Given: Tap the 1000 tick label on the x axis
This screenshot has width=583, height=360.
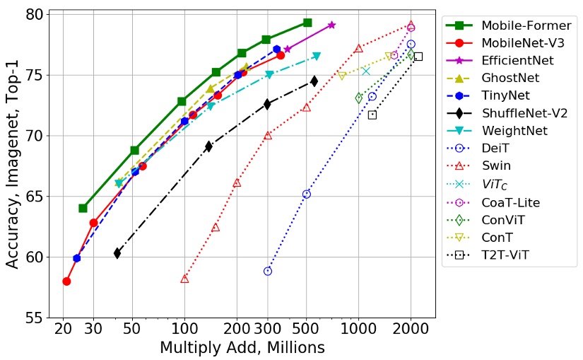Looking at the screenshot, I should coord(358,330).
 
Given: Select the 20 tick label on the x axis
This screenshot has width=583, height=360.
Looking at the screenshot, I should coord(63,330).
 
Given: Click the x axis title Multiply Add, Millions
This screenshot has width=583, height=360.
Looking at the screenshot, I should coord(242,347).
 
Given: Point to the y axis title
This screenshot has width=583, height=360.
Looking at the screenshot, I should coord(13,166).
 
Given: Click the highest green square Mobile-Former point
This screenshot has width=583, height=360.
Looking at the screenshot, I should coord(307,23).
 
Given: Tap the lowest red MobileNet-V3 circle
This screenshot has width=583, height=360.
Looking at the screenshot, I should coord(66,281).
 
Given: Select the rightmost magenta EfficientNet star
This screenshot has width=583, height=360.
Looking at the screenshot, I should coord(331,25).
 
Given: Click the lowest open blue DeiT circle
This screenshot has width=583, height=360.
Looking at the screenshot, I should coord(268,271).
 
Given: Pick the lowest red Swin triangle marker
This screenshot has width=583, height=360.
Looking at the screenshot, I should coord(184,279).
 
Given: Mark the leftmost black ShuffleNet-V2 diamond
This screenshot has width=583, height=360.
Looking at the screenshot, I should coord(117,253).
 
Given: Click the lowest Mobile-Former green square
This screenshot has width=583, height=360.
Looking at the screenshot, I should coord(83,208).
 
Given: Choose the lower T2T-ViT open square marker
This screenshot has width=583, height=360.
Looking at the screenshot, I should coord(372,115).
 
